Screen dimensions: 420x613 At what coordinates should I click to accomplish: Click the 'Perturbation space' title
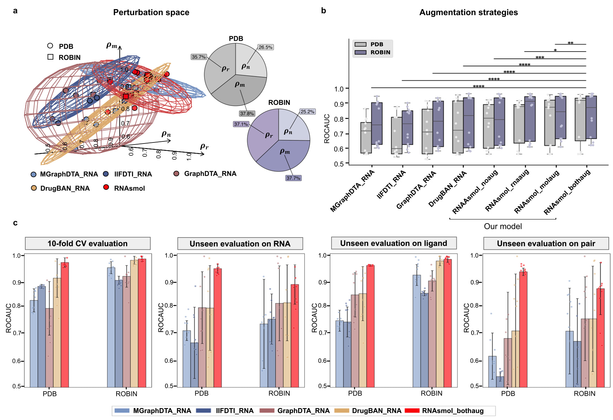[x=151, y=13]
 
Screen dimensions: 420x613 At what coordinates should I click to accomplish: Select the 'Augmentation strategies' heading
[x=468, y=13]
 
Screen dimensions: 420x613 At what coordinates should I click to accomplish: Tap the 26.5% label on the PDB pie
[x=265, y=47]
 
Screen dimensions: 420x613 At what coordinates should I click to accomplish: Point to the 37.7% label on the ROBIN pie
[x=293, y=178]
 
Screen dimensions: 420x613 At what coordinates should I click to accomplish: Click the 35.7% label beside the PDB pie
[x=199, y=57]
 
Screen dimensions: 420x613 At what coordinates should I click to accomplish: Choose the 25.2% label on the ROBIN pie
[x=307, y=112]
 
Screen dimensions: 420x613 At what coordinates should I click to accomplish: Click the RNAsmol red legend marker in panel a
[x=106, y=187]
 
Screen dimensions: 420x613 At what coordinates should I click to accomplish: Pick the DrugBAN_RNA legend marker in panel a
[x=34, y=188]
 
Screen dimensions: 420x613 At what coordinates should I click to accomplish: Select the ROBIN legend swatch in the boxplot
[x=360, y=52]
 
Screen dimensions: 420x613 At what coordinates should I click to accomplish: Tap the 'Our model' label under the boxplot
[x=503, y=226]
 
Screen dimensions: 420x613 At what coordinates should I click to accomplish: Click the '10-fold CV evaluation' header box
[x=87, y=244]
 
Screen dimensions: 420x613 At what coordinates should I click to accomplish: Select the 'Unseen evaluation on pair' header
[x=546, y=244]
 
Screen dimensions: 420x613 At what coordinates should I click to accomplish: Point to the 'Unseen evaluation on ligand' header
[x=394, y=243]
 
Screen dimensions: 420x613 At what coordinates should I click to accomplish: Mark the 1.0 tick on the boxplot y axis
[x=339, y=89]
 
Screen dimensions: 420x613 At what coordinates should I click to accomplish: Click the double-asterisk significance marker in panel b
[x=571, y=43]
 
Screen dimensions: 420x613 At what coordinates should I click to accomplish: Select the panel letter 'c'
[x=15, y=223]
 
